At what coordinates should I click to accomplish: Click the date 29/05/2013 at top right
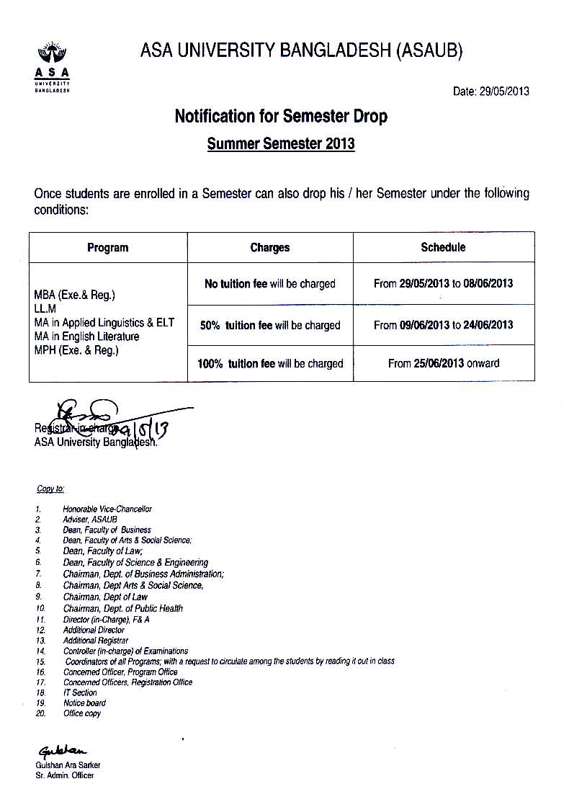tap(503, 92)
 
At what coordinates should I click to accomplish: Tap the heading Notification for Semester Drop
tap(281, 116)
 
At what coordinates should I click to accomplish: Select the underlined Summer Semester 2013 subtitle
tap(281, 143)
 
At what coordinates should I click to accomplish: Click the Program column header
tap(108, 248)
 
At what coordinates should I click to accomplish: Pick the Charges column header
tap(270, 248)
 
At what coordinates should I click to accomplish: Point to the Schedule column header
tap(443, 247)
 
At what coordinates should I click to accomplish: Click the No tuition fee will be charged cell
tap(270, 284)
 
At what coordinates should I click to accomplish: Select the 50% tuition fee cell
tap(270, 325)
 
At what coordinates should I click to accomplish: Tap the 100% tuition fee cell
tap(270, 364)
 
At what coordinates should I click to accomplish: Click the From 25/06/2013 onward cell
tap(443, 363)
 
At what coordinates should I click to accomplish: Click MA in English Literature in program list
tap(87, 337)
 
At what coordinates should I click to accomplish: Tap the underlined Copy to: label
tap(50, 489)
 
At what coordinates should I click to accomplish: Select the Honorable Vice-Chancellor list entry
tap(107, 509)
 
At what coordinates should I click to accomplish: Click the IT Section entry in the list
tap(80, 692)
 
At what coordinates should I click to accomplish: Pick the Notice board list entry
tap(84, 703)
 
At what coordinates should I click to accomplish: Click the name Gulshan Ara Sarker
tap(68, 765)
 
